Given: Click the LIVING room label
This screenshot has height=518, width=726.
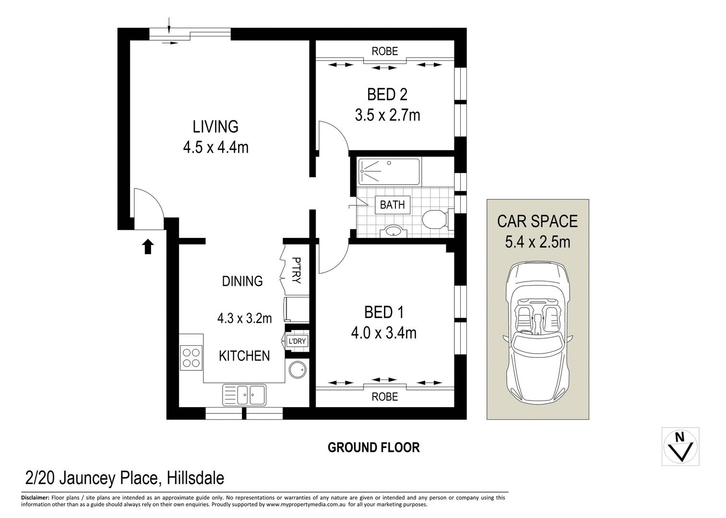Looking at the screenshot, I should (x=215, y=127).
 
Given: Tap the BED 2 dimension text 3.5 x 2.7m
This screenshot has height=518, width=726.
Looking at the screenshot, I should (x=387, y=115).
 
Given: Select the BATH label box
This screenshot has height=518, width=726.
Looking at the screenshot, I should (x=392, y=205).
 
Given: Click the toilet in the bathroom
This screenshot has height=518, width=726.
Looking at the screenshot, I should (x=436, y=220).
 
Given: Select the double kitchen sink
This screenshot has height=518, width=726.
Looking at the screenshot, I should (x=244, y=395).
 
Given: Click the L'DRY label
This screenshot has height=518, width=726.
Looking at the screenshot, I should (x=296, y=341).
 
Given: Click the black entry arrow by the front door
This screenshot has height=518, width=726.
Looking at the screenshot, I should (x=148, y=247).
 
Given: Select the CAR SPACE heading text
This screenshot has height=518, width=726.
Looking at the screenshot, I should (x=537, y=221).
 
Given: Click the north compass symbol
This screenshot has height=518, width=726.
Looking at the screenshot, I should (x=680, y=446).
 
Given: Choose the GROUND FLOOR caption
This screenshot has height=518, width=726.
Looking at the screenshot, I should (x=373, y=447).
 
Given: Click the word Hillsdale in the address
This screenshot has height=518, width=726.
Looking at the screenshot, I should (x=194, y=478).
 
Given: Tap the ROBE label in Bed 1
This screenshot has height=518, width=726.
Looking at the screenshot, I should (x=385, y=397).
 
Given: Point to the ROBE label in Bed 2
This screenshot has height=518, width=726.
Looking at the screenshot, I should (x=385, y=51).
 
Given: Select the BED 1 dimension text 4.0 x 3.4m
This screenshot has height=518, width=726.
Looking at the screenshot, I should (x=384, y=332).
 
